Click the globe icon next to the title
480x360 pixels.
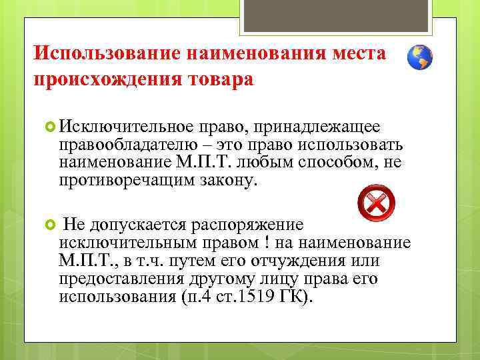click(x=420, y=58)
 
